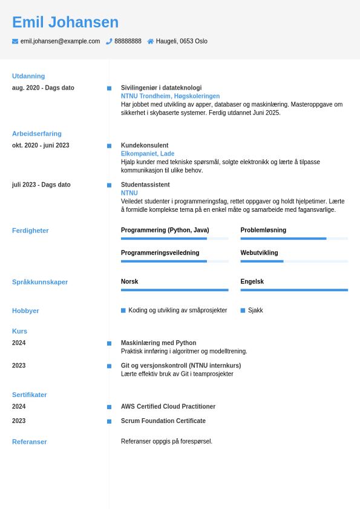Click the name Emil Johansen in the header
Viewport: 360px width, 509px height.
(x=65, y=22)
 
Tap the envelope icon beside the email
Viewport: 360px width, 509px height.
(x=15, y=41)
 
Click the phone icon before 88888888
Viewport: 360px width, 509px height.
(x=109, y=41)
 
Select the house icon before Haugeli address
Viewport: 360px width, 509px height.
(x=151, y=41)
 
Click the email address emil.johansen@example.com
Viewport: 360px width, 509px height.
(x=60, y=41)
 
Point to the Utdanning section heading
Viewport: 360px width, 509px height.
(x=28, y=76)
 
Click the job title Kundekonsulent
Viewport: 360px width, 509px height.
(x=145, y=145)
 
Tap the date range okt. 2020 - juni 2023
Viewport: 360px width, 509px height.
(x=41, y=145)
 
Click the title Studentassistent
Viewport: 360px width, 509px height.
(x=145, y=185)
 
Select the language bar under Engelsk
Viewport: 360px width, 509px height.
(x=294, y=290)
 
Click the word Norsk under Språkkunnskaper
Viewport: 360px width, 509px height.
(x=129, y=281)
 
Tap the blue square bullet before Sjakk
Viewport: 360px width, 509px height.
(x=243, y=310)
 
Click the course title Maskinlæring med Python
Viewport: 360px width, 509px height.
(x=159, y=343)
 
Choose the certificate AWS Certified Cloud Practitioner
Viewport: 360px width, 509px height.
(x=168, y=407)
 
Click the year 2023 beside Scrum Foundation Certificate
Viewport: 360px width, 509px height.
(x=19, y=421)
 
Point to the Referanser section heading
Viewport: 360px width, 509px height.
(x=30, y=442)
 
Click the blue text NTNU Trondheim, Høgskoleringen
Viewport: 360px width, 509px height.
(x=170, y=96)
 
